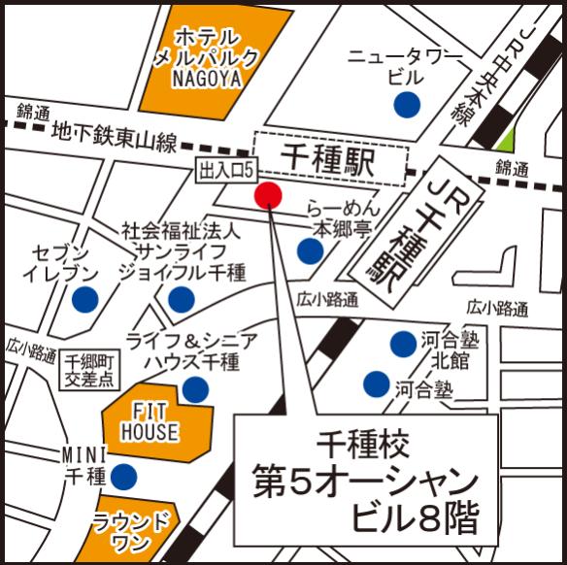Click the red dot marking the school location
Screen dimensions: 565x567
click(x=268, y=195)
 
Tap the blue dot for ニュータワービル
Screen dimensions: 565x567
click(x=406, y=103)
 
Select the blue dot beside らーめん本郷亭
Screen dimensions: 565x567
click(x=310, y=252)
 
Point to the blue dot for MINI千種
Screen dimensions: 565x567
click(x=124, y=476)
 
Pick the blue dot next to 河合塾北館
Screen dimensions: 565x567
click(x=403, y=343)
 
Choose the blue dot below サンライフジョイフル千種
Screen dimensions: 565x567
click(x=181, y=299)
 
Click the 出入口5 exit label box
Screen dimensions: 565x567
click(x=225, y=171)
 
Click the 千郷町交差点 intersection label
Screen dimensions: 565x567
click(x=87, y=371)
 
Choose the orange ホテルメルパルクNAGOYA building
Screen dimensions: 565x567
click(x=210, y=56)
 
